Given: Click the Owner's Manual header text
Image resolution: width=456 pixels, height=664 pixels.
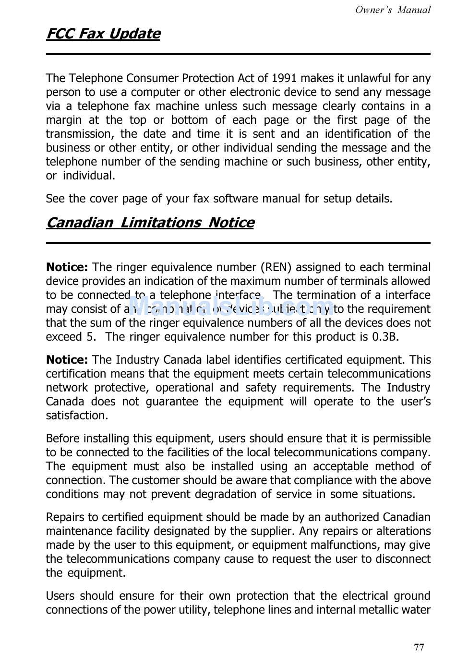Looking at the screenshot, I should coord(393,10).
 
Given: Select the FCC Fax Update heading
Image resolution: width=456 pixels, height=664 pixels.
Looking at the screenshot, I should coord(103,34).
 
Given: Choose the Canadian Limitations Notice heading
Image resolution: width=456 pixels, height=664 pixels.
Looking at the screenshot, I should coord(150,223).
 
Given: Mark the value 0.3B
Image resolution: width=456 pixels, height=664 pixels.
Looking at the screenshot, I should coord(385,337).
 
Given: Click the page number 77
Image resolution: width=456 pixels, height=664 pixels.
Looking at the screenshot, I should coord(419,648).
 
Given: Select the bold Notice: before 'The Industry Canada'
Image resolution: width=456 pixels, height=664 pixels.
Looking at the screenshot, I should coord(67,360).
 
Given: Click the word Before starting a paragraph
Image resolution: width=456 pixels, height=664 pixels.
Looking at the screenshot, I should coord(63,439).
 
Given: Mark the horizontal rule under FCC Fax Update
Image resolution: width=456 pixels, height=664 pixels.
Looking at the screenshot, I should coord(238,54).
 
